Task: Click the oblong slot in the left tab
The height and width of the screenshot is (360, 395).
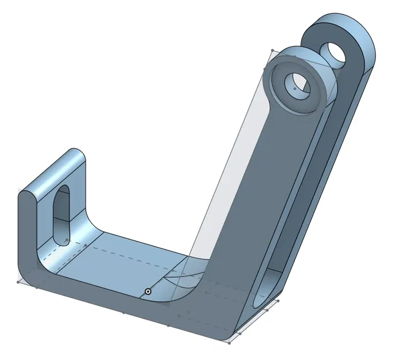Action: point(62,213)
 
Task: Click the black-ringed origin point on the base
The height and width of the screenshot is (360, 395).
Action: point(148,291)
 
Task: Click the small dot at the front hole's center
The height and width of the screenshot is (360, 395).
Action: point(295,89)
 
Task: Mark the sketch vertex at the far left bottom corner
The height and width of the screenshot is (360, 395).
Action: point(19,282)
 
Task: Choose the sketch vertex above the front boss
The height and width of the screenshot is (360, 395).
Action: point(271,50)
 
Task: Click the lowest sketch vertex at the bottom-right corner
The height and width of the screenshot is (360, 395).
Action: point(229,343)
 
